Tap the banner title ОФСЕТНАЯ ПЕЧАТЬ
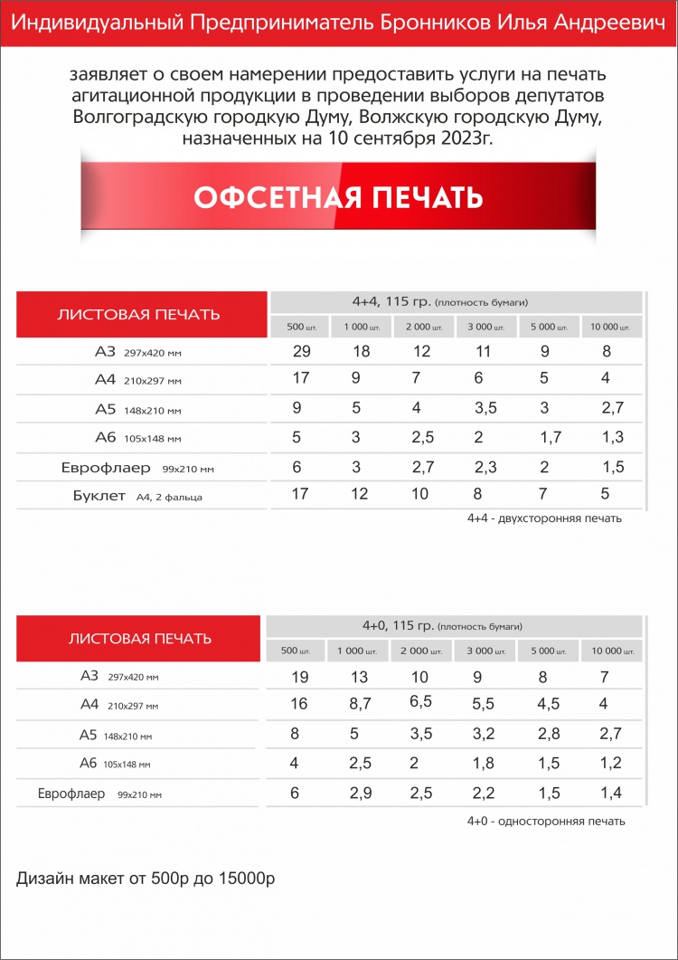338,197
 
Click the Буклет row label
99,495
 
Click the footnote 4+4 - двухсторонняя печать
544,518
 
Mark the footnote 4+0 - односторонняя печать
545,821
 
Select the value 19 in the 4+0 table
299,677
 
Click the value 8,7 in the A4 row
360,704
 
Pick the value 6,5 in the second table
420,701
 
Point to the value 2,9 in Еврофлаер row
360,793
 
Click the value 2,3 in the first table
485,467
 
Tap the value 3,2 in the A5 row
484,734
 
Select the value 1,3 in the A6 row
612,438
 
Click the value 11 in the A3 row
483,350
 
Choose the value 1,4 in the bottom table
611,793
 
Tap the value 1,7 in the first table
550,438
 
